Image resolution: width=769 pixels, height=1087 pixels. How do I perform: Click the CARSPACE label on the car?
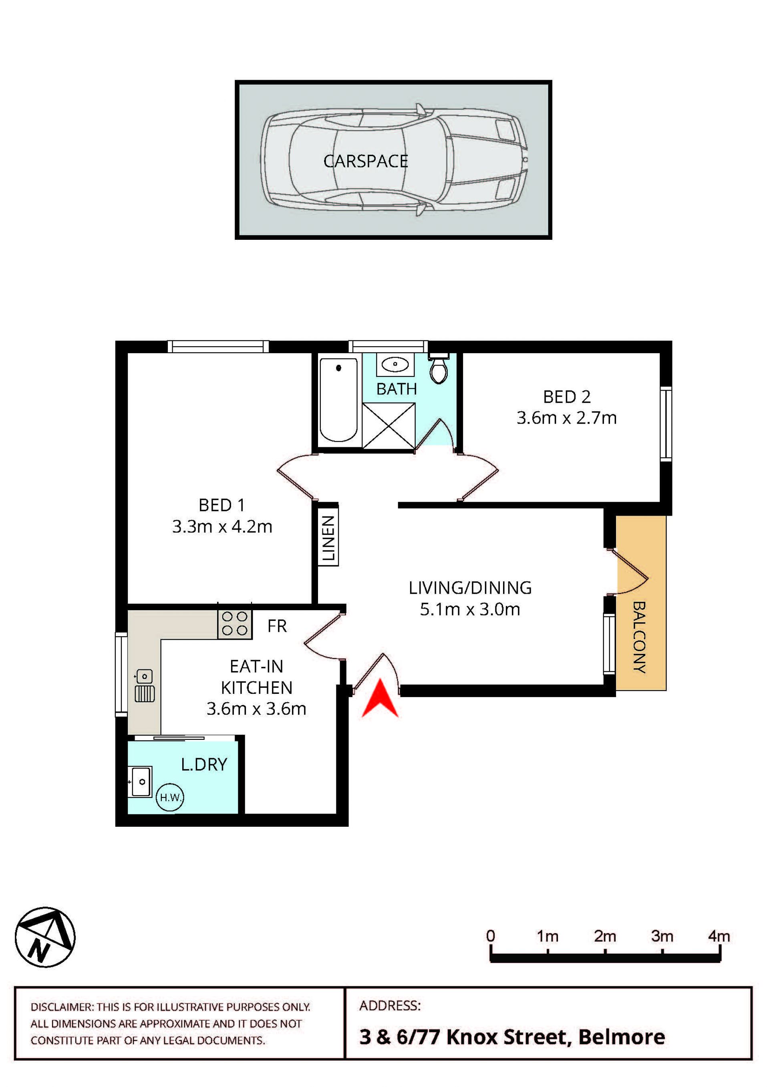point(365,161)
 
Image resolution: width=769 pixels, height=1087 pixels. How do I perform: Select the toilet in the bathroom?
point(439,368)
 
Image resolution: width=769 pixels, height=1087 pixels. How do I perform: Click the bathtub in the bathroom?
point(338,400)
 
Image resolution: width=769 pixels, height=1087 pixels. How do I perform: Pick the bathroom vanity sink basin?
point(395,364)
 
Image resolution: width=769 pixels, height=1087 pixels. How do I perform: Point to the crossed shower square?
point(389,426)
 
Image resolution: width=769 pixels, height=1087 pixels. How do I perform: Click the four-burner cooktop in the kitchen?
point(235,623)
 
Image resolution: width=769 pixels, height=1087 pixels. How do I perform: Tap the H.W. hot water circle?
point(169,797)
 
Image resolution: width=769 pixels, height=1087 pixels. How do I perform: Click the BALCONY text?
point(639,637)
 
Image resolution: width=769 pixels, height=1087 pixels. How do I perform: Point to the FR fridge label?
point(277,626)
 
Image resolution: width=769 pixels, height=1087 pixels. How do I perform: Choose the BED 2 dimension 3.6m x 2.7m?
point(566,418)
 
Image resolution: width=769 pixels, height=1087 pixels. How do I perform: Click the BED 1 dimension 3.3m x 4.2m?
point(222,526)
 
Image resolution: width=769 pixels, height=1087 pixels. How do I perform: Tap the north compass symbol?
point(45,937)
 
